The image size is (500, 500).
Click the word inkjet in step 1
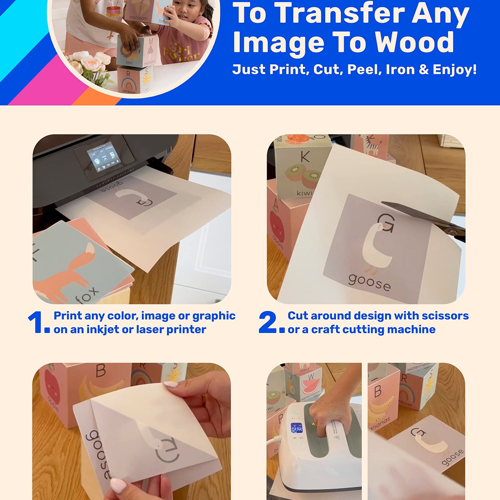coord(103,330)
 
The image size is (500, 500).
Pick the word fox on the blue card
coord(87,295)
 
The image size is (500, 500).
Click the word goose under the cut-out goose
coord(369,283)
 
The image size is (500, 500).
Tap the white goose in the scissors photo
coord(377,247)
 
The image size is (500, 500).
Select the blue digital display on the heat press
coord(296,428)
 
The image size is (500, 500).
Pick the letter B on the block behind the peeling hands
coord(101,371)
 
